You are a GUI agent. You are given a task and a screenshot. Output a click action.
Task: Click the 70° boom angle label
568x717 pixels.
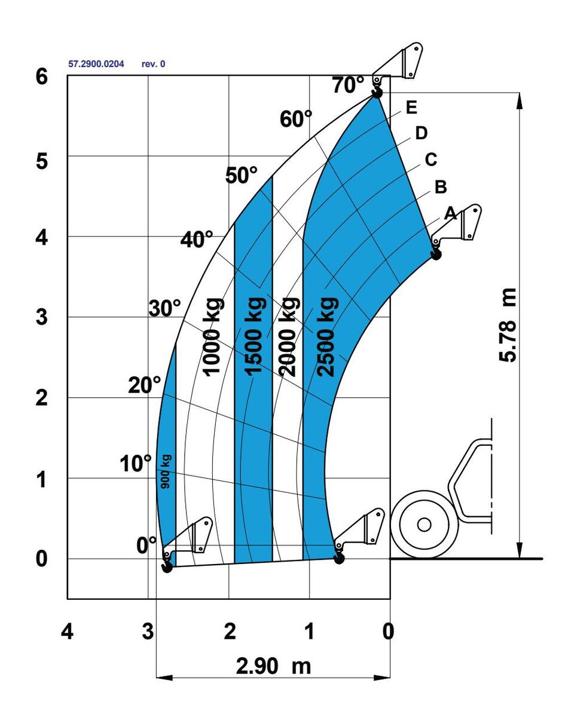point(348,85)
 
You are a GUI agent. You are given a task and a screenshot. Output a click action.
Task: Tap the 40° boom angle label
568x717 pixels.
point(197,239)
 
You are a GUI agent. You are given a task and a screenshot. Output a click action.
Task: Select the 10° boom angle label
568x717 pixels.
point(135,463)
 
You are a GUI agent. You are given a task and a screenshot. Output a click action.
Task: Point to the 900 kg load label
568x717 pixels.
point(166,472)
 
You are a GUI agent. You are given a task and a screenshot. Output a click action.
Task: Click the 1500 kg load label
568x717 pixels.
point(255,337)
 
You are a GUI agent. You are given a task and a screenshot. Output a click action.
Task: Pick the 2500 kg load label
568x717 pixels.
point(327,337)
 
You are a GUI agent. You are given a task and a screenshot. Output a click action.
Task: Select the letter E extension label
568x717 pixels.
point(411,108)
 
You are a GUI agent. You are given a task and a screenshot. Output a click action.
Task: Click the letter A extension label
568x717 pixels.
point(450,213)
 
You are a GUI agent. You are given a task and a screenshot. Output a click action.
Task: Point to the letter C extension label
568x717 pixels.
point(431,160)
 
